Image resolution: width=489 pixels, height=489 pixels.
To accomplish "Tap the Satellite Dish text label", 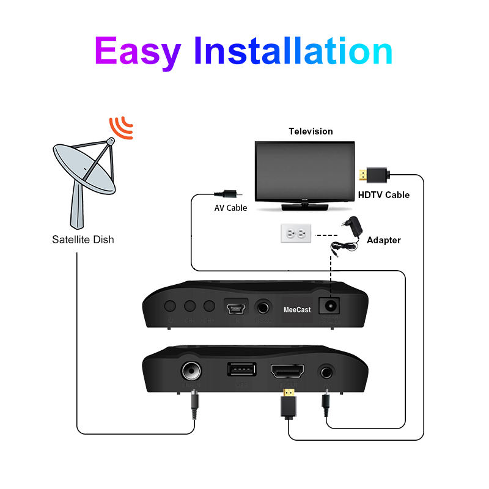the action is point(83,240).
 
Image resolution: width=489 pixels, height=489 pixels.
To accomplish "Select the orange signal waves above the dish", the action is point(120,127).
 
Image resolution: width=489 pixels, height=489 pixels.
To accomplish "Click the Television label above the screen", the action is point(311,131).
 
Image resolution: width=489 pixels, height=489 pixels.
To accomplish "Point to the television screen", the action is point(304,171).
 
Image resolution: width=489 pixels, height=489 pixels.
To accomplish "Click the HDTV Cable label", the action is point(383,195).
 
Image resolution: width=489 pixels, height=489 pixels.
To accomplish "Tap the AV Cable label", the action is point(230,208).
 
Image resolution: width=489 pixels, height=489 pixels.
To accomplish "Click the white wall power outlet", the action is point(296,233).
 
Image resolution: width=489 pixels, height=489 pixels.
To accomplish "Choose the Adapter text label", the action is point(383,240).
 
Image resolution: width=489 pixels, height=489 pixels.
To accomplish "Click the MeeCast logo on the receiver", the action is point(297,310).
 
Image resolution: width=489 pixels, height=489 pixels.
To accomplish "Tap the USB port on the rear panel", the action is point(242,370).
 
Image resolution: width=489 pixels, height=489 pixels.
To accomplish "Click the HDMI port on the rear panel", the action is point(287,371).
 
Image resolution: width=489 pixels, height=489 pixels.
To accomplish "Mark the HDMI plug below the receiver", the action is point(289,404).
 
